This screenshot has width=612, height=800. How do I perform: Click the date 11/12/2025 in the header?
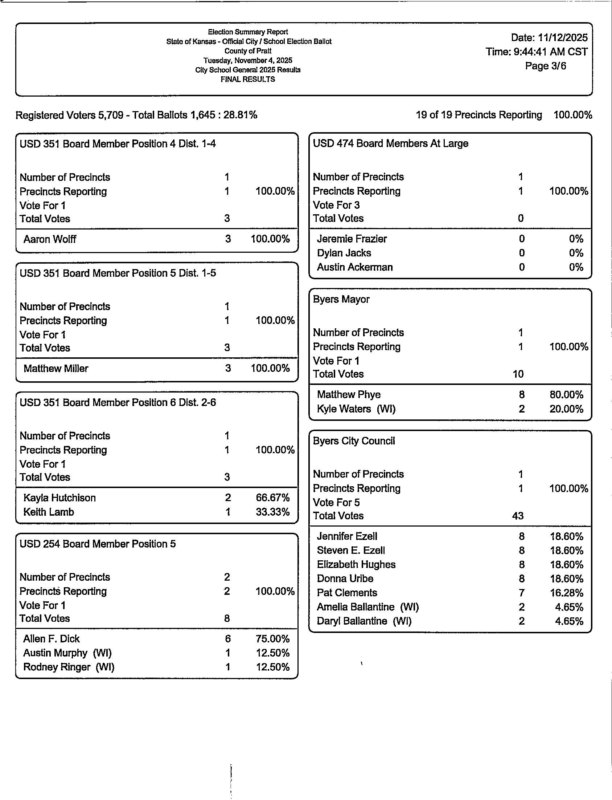coord(562,37)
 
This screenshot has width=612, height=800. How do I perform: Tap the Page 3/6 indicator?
coord(545,66)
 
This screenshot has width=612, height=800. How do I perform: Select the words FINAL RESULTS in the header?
coord(248,79)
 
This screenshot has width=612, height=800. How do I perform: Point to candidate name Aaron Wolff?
coord(50,239)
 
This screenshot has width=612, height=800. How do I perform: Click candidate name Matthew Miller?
coord(56,368)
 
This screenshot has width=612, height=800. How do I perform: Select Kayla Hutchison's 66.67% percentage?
coord(272,498)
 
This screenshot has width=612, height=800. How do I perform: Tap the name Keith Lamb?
coord(49,512)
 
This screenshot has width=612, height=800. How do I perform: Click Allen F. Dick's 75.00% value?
coord(272,639)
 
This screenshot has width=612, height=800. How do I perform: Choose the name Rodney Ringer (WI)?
coord(69,667)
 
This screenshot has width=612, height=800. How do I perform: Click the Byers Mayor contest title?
coord(341,299)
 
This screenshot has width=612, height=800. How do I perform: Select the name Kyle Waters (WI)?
coord(356,409)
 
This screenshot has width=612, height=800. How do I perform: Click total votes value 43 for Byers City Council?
coord(518,516)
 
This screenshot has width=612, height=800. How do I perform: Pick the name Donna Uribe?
coord(345,579)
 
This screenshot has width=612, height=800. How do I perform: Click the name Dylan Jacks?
coord(344,253)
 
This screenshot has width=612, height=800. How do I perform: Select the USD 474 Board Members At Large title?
coord(390,144)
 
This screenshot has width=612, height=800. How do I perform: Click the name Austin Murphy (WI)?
coord(67,653)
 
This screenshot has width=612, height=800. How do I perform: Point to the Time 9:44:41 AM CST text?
coord(536,52)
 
